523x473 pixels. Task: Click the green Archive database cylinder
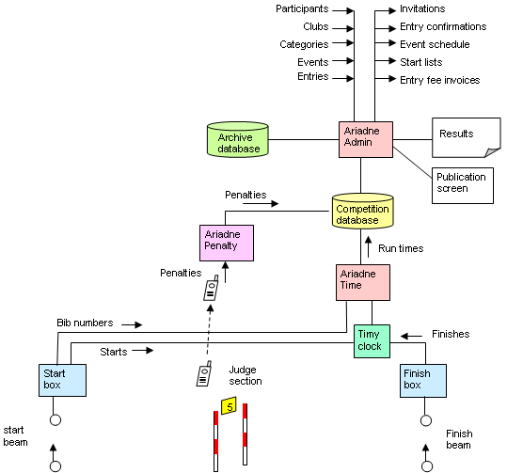click(x=238, y=139)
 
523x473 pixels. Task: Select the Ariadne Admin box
click(x=366, y=139)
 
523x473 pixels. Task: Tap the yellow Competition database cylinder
click(x=362, y=211)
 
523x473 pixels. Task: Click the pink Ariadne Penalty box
click(x=227, y=243)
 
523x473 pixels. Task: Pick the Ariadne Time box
click(x=363, y=282)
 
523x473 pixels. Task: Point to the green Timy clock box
click(x=372, y=341)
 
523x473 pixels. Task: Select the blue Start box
click(x=62, y=380)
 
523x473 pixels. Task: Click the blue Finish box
click(x=423, y=380)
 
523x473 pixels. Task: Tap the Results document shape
click(x=467, y=137)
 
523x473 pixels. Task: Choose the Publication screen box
click(x=463, y=185)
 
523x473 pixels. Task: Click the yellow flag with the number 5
click(x=229, y=405)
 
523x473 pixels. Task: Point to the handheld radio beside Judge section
click(x=204, y=373)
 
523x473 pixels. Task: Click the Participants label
click(x=302, y=9)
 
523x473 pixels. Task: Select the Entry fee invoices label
click(x=439, y=80)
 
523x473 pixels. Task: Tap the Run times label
click(x=401, y=248)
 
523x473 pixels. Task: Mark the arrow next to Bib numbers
click(x=132, y=324)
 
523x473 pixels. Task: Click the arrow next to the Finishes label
click(x=411, y=336)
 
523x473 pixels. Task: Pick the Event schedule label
click(x=435, y=44)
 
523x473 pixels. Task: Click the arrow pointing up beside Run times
click(x=368, y=247)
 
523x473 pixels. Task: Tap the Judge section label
click(x=246, y=375)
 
